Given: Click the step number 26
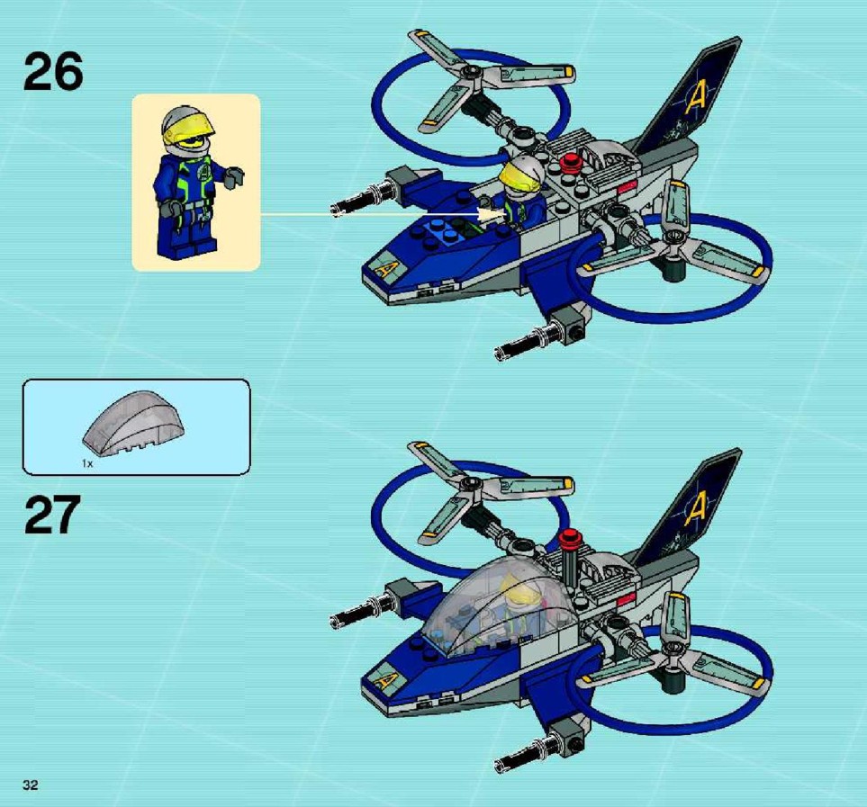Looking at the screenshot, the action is click(53, 72).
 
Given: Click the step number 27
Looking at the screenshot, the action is click(53, 515).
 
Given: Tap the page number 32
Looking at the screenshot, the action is click(31, 785).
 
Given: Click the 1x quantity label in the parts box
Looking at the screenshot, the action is click(86, 463).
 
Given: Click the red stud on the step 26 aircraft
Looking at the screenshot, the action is click(568, 162).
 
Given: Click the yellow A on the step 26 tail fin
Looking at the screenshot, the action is click(698, 97).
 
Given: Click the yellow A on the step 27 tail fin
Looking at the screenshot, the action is click(698, 509).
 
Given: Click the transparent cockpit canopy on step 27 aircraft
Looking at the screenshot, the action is click(498, 607).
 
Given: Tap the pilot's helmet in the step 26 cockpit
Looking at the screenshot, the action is click(522, 173).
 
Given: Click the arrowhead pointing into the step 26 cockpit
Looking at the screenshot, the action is click(492, 214).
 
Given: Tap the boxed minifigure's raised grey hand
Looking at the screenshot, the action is click(236, 175).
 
